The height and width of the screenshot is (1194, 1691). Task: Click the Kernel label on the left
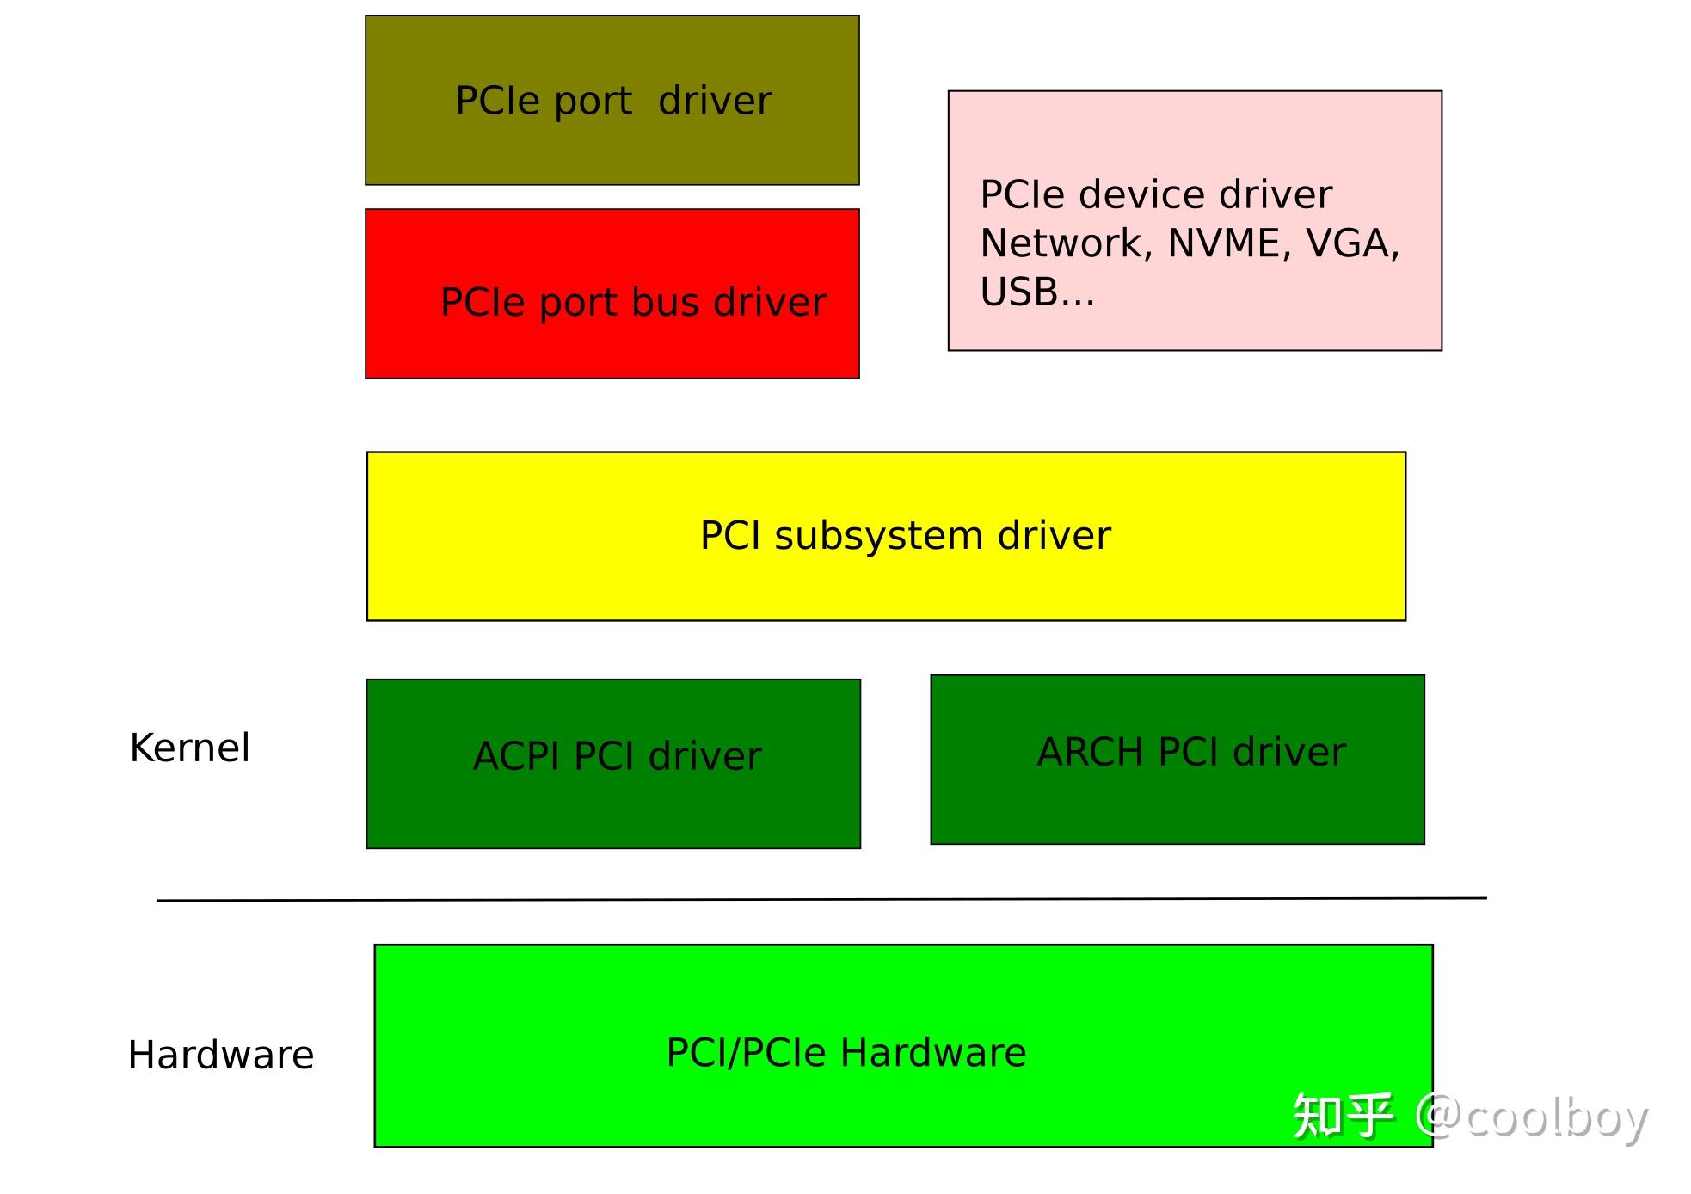click(189, 748)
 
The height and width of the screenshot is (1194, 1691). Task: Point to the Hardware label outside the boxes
click(220, 1055)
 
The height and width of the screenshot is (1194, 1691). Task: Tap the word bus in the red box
click(661, 303)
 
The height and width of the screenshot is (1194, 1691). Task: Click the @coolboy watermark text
click(1532, 1117)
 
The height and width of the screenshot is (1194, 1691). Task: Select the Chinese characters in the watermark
click(1342, 1117)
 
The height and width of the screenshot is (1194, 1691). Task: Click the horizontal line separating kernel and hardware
click(821, 899)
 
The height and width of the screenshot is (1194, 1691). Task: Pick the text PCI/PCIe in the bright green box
click(745, 1053)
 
